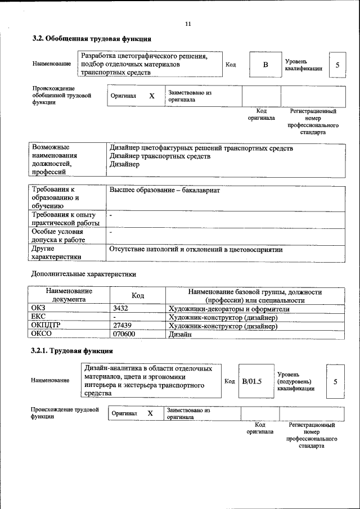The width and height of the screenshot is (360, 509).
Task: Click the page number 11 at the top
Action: [188, 24]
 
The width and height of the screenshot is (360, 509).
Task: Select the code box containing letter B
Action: [265, 65]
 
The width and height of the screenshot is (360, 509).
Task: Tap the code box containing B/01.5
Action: [252, 382]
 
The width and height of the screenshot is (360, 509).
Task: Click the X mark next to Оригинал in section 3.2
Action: [152, 96]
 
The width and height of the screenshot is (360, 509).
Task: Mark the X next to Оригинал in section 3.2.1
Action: [150, 413]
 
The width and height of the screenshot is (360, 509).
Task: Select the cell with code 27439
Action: [122, 326]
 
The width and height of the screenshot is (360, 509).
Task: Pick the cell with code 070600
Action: [124, 334]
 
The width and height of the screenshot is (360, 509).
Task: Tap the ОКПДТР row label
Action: [46, 326]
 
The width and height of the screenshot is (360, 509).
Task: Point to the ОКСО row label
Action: [42, 334]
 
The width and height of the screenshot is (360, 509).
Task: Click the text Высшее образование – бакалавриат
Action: [164, 191]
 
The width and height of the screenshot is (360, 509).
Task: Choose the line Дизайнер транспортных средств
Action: [160, 156]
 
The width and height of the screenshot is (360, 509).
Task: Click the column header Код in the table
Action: [138, 296]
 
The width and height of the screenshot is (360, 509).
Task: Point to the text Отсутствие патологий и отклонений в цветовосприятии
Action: [196, 249]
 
